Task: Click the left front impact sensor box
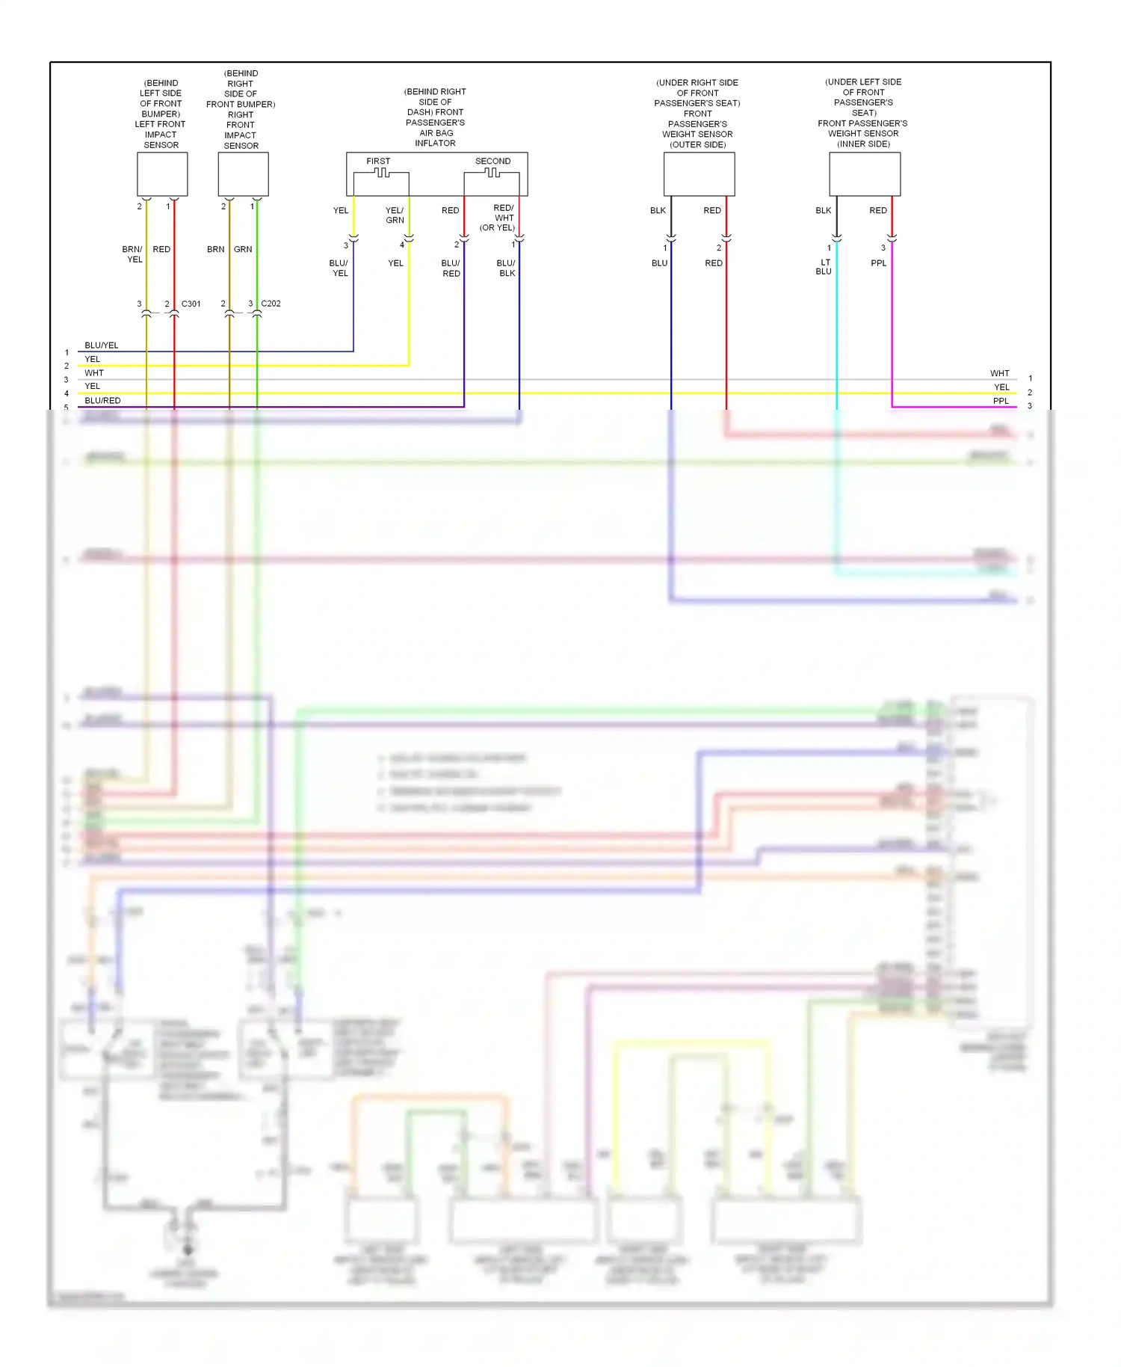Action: pos(162,174)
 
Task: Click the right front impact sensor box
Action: pos(243,174)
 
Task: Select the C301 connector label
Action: pos(191,304)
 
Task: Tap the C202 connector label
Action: pos(271,304)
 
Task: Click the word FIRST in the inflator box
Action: pos(378,161)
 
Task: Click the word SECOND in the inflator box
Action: pos(492,161)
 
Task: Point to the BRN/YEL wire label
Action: pos(133,254)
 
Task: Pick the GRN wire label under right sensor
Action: pos(243,249)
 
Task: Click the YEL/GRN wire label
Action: pos(395,215)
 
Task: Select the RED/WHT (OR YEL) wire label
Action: pos(498,218)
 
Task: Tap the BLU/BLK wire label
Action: pos(506,268)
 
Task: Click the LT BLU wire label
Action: pos(824,267)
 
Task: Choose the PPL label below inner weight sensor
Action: pos(879,263)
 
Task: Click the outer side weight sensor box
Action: pos(699,174)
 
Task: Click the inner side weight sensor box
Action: pos(865,174)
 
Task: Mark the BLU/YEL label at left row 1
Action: pos(102,345)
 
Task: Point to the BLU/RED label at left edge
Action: pos(102,401)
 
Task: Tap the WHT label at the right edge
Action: pos(999,373)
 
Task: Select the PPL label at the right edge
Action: pos(1001,401)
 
